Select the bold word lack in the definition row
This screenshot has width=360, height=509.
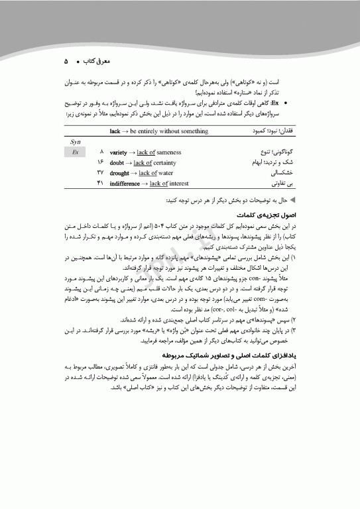click(114, 131)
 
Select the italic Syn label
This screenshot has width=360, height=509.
click(75, 142)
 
